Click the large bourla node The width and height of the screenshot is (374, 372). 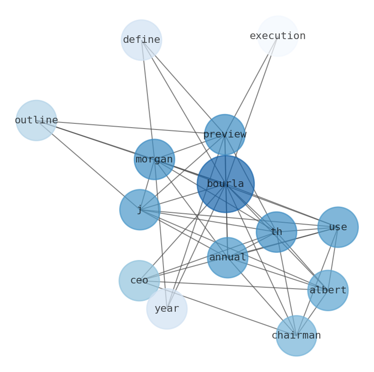tap(225, 184)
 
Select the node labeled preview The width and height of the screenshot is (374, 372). tap(225, 135)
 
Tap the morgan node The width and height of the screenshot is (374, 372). tap(154, 159)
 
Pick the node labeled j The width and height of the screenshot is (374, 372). tap(140, 210)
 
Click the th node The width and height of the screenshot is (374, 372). tap(276, 232)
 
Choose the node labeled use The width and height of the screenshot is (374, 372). tap(338, 227)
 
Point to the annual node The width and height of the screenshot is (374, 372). tap(228, 258)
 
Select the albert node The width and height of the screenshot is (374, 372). tap(328, 291)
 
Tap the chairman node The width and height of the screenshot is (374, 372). tap(296, 336)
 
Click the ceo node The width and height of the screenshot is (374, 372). tap(139, 281)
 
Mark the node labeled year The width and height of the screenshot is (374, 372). tap(167, 309)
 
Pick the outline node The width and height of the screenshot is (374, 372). tap(36, 121)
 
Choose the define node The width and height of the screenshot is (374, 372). tap(141, 40)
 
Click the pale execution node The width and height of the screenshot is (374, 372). tap(278, 36)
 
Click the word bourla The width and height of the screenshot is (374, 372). tap(225, 184)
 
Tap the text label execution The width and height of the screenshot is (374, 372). tap(278, 36)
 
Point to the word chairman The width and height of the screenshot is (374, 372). tap(296, 336)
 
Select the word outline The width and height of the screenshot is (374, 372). tap(36, 121)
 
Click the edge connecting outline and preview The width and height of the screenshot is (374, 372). tap(122, 127)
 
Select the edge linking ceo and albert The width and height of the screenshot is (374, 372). tap(226, 285)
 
